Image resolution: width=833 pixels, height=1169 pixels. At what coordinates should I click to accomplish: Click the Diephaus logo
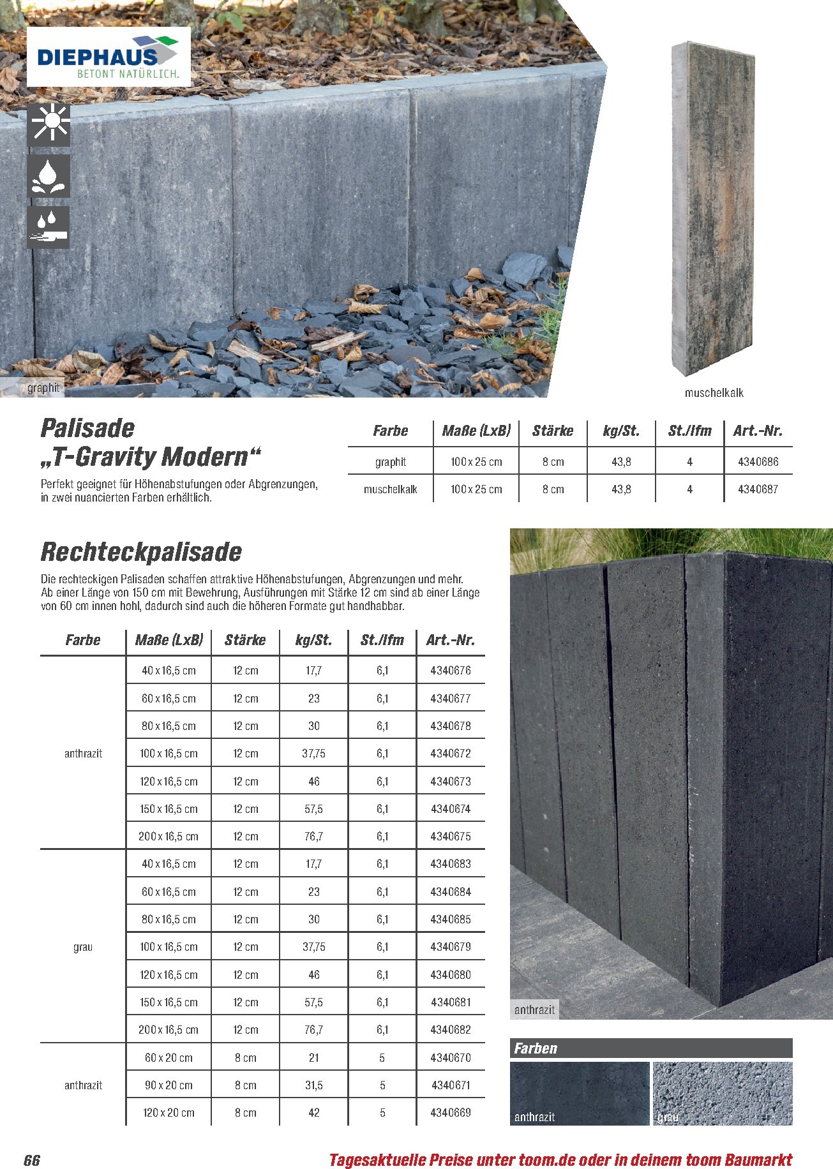[x=108, y=57]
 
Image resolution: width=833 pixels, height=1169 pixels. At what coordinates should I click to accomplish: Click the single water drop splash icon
[x=49, y=176]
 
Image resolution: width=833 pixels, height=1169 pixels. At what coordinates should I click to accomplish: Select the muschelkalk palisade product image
[x=712, y=210]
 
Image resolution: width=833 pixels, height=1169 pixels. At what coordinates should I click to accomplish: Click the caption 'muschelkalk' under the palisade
[x=714, y=393]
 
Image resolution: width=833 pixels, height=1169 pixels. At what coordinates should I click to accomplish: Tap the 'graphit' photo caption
[x=43, y=388]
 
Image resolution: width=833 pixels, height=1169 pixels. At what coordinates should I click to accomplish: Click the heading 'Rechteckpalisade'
[x=141, y=552]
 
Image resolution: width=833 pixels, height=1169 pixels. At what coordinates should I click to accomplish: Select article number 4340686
[x=758, y=461]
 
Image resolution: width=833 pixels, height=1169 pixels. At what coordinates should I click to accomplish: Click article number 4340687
[x=758, y=489]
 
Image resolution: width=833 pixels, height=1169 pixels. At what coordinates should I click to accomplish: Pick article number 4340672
[x=450, y=754]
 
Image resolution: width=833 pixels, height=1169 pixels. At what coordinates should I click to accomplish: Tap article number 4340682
[x=450, y=1030]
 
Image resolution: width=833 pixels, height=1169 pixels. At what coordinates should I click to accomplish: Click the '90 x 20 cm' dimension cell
[x=169, y=1085]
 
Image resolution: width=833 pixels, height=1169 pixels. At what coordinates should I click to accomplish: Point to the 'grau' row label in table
[x=83, y=947]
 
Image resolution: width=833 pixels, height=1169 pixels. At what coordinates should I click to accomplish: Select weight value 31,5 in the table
[x=313, y=1085]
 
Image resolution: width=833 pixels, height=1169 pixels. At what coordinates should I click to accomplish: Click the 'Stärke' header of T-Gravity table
[x=553, y=431]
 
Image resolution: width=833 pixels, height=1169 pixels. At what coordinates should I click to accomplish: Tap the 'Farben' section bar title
[x=536, y=1048]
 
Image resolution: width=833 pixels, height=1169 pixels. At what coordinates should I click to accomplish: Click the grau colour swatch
[x=722, y=1093]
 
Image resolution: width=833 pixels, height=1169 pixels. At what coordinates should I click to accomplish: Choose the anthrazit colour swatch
[x=579, y=1093]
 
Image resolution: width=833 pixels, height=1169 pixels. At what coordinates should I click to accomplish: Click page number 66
[x=32, y=1160]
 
